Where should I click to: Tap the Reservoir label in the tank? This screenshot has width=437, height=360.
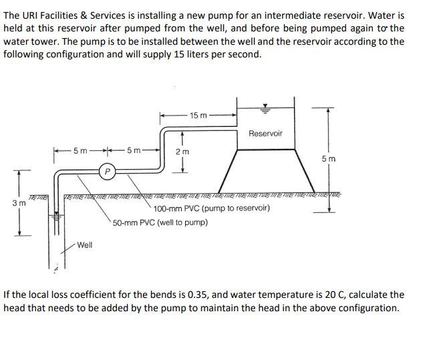(x=265, y=134)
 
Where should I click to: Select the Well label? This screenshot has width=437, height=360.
(x=85, y=245)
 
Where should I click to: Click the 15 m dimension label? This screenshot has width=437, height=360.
(x=198, y=116)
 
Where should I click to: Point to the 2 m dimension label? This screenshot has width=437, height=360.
(x=182, y=152)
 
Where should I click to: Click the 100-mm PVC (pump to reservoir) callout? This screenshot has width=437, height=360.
(x=212, y=209)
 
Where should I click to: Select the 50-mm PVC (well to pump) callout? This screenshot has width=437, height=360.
(x=160, y=222)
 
